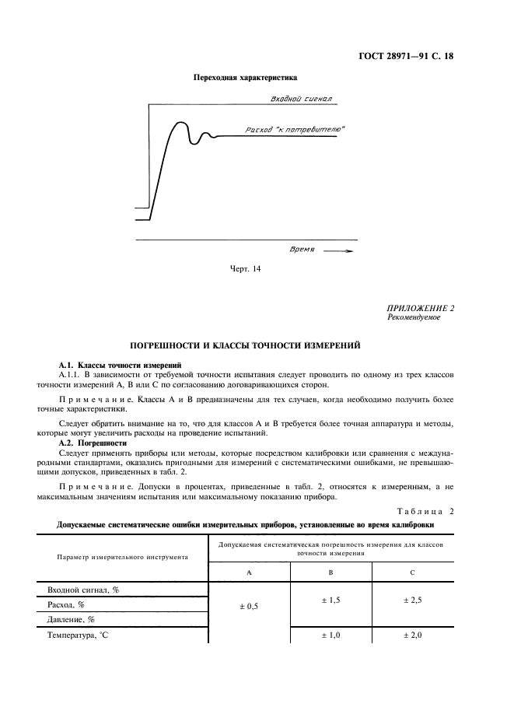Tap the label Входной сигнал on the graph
coord(301,100)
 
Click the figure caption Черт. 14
coord(245,269)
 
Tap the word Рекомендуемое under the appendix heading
coord(414,317)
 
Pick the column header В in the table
coord(330,572)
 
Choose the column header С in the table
coord(412,572)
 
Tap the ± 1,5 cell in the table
coord(330,601)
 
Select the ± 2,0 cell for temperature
coord(412,635)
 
